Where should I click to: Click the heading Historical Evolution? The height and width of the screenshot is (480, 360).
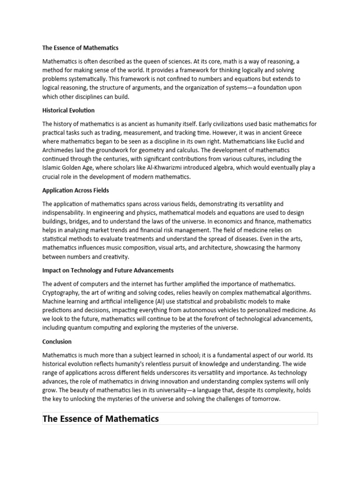click(x=68, y=111)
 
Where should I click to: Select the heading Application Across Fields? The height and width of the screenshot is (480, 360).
click(x=75, y=191)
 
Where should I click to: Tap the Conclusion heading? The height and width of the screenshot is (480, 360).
click(x=57, y=342)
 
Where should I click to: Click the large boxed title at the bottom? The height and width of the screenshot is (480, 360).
click(x=101, y=419)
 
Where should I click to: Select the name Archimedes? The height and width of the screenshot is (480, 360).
click(x=59, y=150)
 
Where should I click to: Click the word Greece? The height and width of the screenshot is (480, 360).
click(x=306, y=132)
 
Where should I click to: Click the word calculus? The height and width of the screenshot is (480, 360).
click(x=200, y=150)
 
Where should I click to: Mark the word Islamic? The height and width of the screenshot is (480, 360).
click(x=52, y=168)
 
